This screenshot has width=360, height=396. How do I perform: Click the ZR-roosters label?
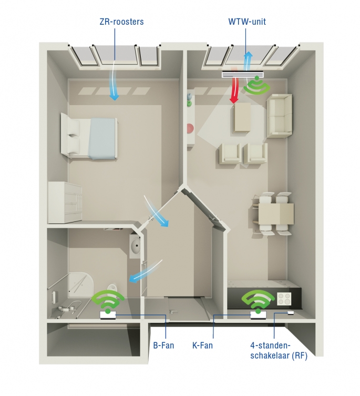(x=122, y=22)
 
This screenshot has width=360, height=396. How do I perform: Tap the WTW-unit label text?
(x=247, y=22)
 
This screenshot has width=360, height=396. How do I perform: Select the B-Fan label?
(x=163, y=345)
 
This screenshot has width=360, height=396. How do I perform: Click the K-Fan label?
(x=202, y=345)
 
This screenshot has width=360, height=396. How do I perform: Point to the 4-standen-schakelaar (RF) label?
(x=279, y=351)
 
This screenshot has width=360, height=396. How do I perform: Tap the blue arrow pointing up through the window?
(x=248, y=60)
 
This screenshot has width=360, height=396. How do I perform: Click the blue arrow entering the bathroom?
(x=145, y=272)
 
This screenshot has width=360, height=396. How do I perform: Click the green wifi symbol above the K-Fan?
(x=258, y=300)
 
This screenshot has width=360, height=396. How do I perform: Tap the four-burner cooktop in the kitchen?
(x=284, y=299)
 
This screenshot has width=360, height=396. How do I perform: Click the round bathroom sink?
(x=136, y=245)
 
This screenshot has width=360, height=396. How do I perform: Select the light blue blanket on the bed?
(x=103, y=139)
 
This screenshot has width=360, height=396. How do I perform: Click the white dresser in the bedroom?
(x=65, y=202)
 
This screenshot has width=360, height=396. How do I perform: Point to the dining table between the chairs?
(x=276, y=214)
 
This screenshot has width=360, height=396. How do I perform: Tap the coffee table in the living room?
(x=242, y=117)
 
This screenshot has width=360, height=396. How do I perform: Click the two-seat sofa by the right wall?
(x=279, y=116)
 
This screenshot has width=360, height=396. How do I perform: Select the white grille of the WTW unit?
(x=243, y=75)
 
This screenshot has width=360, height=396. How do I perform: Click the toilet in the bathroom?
(x=112, y=288)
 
